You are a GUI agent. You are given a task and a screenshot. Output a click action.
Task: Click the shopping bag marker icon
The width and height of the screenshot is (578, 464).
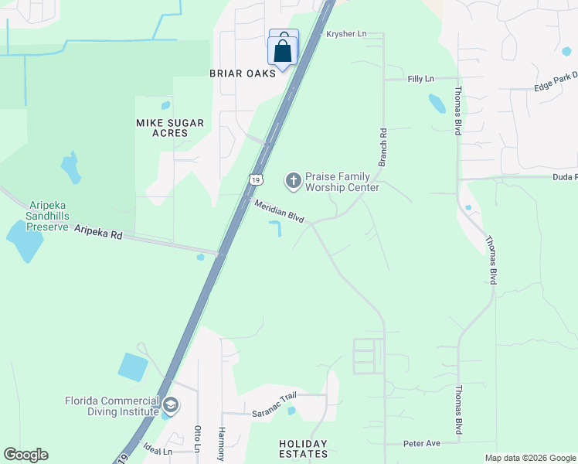(x=284, y=51)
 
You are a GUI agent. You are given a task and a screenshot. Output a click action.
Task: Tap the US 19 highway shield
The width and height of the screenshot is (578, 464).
(x=256, y=179)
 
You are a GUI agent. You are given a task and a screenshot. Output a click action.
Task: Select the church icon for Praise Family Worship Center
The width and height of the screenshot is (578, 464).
(x=293, y=180)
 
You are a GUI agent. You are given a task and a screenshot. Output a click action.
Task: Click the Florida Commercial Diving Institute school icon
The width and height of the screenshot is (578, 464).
(x=171, y=404)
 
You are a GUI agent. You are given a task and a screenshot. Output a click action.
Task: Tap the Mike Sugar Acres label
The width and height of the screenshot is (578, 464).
(x=170, y=128)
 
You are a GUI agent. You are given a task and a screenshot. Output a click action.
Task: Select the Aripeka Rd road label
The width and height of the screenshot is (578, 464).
(x=99, y=232)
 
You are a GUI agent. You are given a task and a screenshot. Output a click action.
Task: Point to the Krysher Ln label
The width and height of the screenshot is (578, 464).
(x=345, y=34)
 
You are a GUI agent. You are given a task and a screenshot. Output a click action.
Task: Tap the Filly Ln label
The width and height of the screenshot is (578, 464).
(x=421, y=79)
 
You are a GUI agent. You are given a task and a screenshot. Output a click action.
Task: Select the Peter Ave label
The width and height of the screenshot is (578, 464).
(x=422, y=444)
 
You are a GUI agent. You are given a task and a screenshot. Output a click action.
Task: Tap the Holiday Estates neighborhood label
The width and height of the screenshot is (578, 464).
(x=303, y=449)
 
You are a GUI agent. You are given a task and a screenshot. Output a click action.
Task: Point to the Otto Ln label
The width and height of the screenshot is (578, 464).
(x=198, y=439)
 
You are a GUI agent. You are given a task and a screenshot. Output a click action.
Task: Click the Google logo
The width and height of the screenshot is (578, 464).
(x=26, y=455)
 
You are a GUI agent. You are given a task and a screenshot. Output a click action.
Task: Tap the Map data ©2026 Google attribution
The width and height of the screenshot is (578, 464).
(x=530, y=458)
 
